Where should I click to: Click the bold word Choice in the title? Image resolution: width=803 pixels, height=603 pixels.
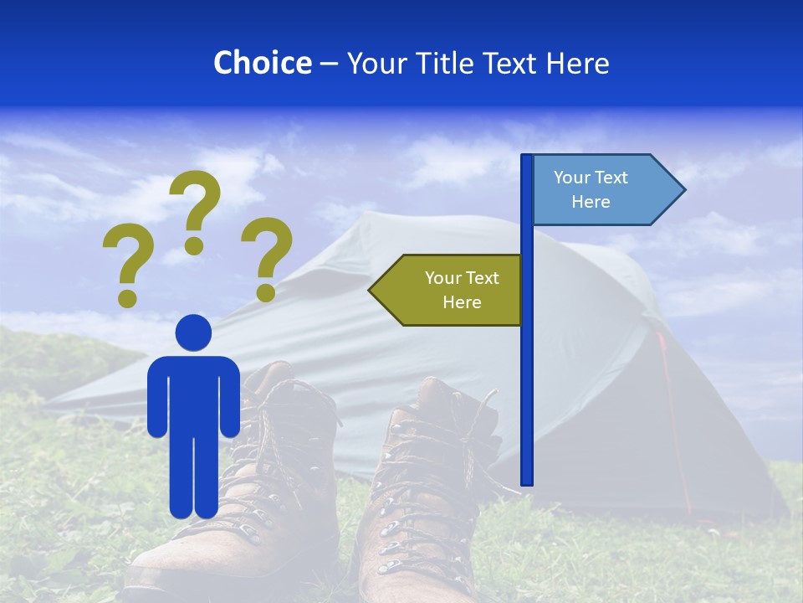262,63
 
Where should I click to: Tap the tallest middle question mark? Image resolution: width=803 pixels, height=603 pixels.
195,209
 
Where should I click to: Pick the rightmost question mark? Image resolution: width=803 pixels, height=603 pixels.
267,255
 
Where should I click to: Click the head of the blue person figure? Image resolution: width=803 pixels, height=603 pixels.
193,332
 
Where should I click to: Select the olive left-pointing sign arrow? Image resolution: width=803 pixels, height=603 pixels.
448,290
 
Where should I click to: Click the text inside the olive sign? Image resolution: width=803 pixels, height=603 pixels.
462,290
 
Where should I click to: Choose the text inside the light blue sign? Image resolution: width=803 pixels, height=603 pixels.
591,189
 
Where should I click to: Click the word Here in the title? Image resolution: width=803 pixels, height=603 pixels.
577,63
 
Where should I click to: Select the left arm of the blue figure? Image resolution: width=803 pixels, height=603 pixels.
156,398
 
